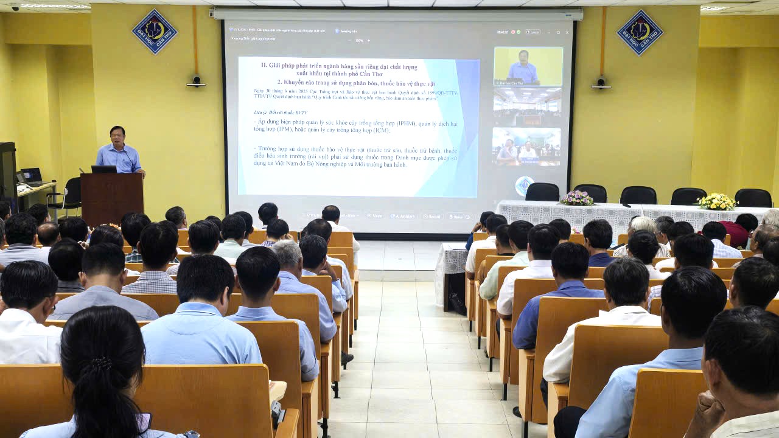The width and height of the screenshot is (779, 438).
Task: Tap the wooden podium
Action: point(112,198)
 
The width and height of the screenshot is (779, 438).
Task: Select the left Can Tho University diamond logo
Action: point(155,32)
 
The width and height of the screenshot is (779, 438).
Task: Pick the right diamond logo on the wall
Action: point(640,32)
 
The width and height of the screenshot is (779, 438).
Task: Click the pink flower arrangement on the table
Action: point(576,198)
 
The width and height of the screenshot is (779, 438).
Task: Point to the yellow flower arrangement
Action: point(716,201)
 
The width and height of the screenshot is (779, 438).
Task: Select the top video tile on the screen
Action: point(528,66)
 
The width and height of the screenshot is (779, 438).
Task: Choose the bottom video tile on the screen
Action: point(526,147)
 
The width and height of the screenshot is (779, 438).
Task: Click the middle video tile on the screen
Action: point(527,106)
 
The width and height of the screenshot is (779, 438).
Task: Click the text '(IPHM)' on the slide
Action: point(407,123)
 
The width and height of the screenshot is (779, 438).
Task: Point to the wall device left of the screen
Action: point(196,81)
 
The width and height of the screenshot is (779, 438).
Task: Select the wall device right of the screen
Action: point(601,82)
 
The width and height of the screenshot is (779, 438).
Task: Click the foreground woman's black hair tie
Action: point(101,364)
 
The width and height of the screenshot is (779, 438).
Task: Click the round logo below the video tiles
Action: point(525,185)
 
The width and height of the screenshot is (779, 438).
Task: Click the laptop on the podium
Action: point(103,169)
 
